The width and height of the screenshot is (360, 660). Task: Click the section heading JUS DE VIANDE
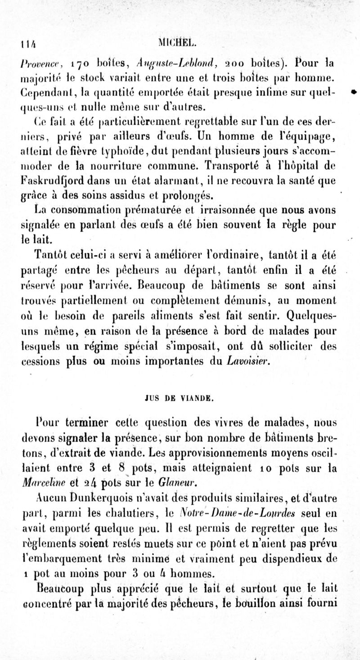(x=180, y=398)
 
